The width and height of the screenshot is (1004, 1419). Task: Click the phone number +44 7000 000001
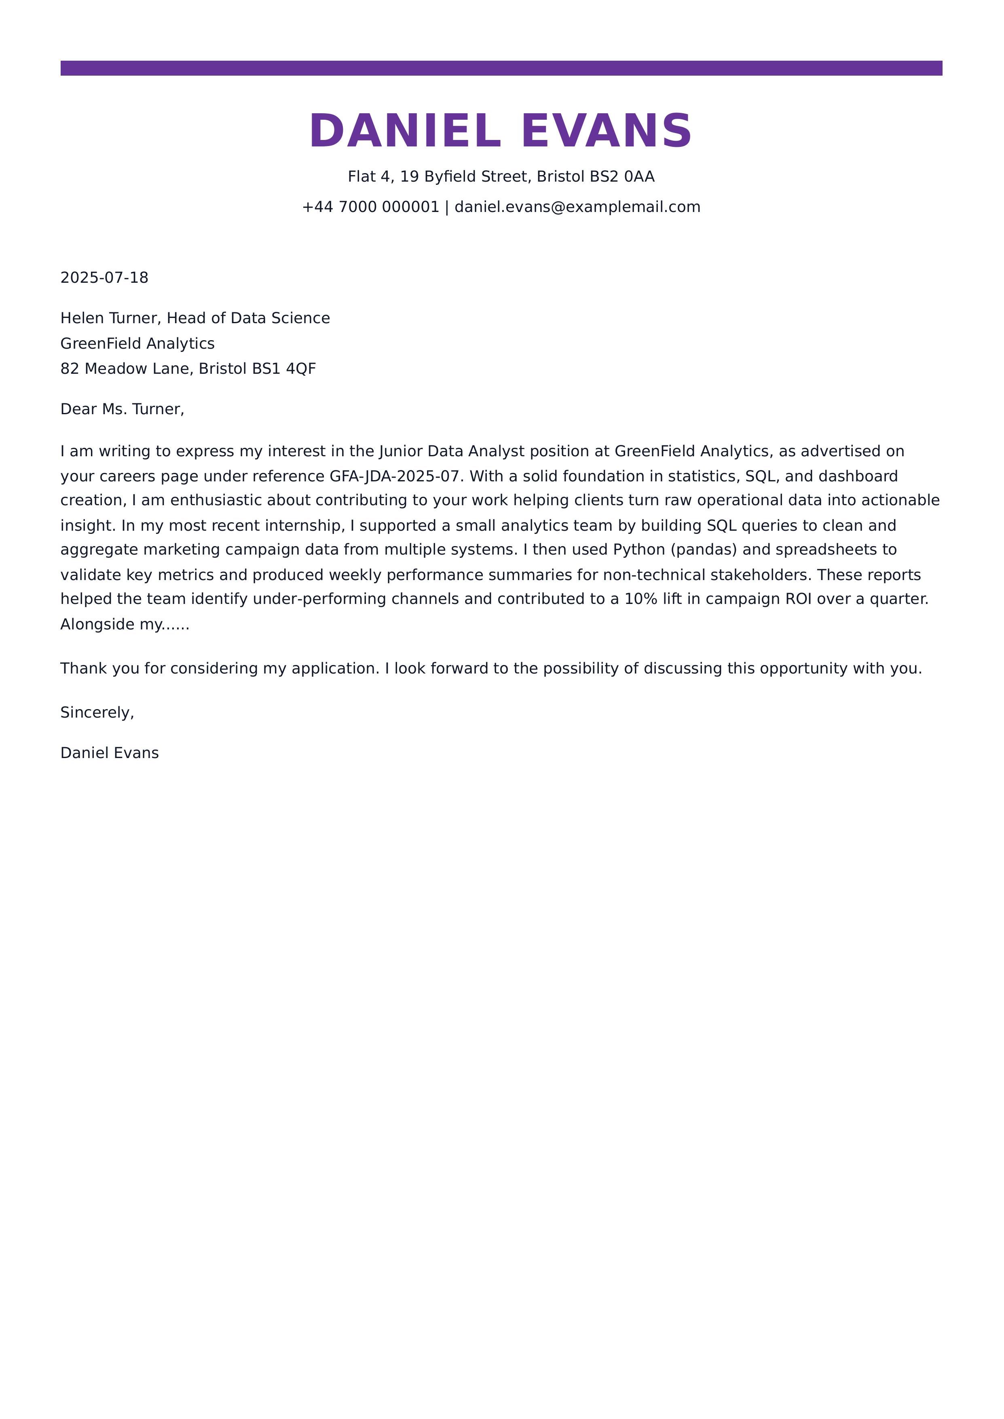point(370,207)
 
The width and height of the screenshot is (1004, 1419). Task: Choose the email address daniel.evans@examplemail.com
point(577,207)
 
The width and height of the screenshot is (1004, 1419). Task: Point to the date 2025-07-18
point(104,277)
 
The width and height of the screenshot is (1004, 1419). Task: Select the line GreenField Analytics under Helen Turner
point(137,344)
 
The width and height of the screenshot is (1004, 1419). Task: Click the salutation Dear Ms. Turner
point(122,409)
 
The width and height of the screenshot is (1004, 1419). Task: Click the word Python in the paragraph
point(639,550)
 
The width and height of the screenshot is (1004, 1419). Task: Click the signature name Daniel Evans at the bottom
point(110,753)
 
